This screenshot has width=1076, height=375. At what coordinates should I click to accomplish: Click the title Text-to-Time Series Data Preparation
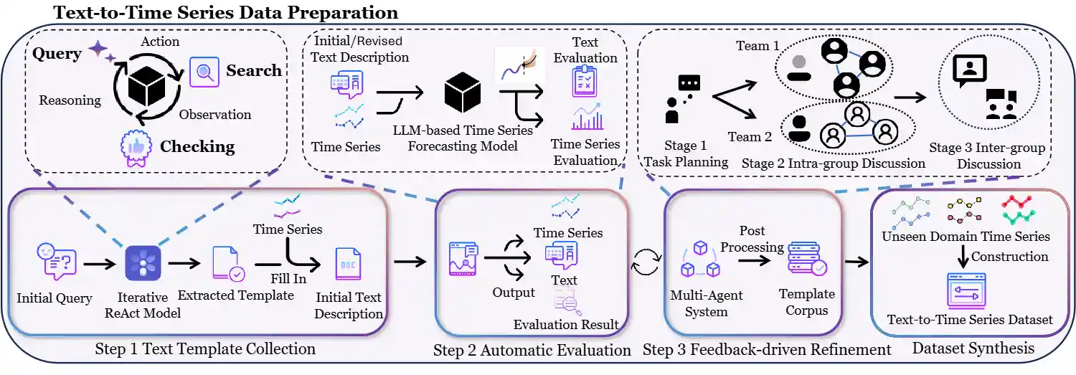[x=225, y=12]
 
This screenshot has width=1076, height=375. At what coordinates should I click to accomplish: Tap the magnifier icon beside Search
[x=204, y=71]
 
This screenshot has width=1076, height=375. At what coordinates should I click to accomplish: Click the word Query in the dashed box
[x=57, y=54]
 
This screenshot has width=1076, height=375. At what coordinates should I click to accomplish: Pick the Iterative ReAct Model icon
[x=143, y=263]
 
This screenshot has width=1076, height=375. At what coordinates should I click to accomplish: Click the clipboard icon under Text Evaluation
[x=585, y=82]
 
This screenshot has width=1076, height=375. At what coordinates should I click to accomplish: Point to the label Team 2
[x=750, y=136]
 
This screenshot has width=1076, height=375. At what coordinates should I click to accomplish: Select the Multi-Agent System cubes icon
[x=699, y=260]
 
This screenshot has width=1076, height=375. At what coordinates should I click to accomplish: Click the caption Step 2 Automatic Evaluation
[x=532, y=351]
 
